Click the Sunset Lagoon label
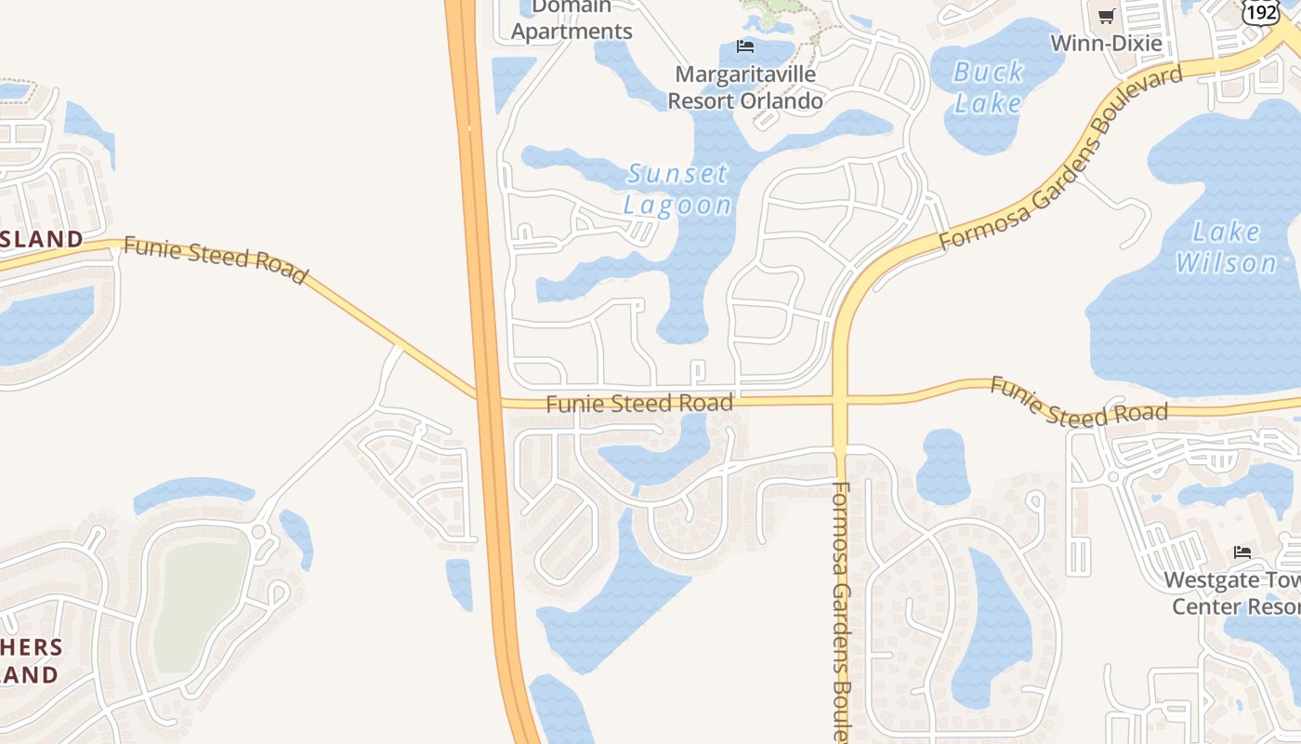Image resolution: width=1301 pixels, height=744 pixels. point(677,189)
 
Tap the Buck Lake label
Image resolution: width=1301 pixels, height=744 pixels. point(989,86)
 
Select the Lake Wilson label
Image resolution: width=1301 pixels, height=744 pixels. point(1227,247)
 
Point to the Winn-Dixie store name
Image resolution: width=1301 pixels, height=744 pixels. point(1106,43)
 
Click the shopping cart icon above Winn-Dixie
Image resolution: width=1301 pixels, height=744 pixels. point(1106,16)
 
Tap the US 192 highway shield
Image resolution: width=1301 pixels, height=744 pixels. point(1261,10)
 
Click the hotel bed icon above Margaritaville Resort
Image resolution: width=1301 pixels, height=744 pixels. point(745,46)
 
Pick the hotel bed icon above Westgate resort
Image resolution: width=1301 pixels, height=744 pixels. point(1242,552)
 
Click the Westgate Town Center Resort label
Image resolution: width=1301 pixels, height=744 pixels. point(1231,593)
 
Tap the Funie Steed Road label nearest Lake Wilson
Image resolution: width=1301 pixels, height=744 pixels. point(1078,402)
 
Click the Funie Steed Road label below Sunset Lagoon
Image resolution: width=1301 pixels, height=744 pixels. point(639,404)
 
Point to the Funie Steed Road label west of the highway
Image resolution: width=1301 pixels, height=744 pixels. point(215,259)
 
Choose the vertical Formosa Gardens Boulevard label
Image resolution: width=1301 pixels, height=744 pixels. point(841,609)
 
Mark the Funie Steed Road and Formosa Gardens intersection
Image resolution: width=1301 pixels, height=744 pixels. point(840,401)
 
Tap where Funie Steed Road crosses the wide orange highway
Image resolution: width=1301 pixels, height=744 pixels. point(489,400)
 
